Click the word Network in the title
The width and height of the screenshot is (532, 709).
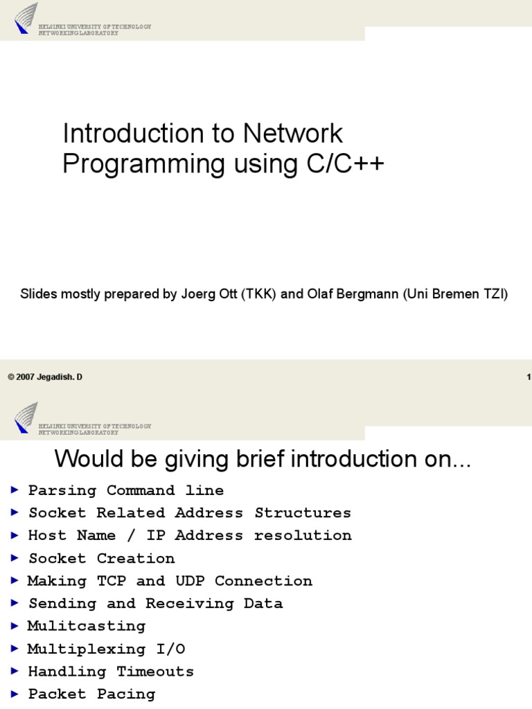pos(299,134)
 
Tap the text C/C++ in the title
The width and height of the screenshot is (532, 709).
pos(344,164)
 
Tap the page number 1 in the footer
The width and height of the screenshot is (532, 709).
pos(529,377)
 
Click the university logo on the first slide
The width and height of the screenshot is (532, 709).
pos(26,18)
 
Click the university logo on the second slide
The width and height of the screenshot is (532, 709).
pos(26,418)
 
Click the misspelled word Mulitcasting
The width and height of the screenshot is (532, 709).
pos(87,626)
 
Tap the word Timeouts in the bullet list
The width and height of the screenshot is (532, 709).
pos(155,671)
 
